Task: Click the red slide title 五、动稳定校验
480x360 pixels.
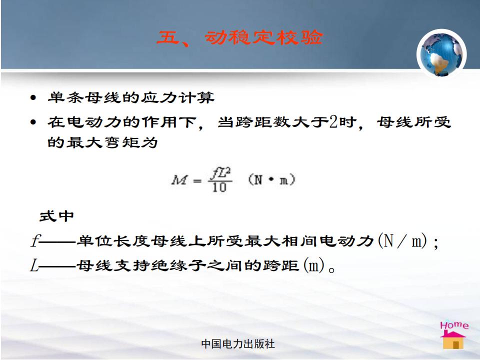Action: (x=239, y=37)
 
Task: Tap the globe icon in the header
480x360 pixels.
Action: (x=441, y=54)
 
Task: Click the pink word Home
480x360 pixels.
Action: (x=454, y=325)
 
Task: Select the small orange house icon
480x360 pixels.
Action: (x=453, y=340)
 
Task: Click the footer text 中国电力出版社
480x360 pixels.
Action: (x=238, y=344)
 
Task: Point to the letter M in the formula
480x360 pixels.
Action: (x=179, y=180)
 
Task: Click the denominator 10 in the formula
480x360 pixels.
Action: (x=219, y=187)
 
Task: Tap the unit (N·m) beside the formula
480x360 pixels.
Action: (x=271, y=179)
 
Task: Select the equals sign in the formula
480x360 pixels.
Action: (x=197, y=180)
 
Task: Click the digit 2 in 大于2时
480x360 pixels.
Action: (x=333, y=122)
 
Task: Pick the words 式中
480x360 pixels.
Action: (x=56, y=216)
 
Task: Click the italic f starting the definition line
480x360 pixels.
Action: (x=34, y=240)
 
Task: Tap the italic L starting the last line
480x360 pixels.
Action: (x=34, y=265)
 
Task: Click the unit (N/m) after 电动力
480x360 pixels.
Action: (x=402, y=240)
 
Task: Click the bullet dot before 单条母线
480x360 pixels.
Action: (x=33, y=98)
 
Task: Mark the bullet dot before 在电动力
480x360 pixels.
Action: (x=33, y=122)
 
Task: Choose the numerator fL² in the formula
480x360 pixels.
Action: (x=220, y=173)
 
